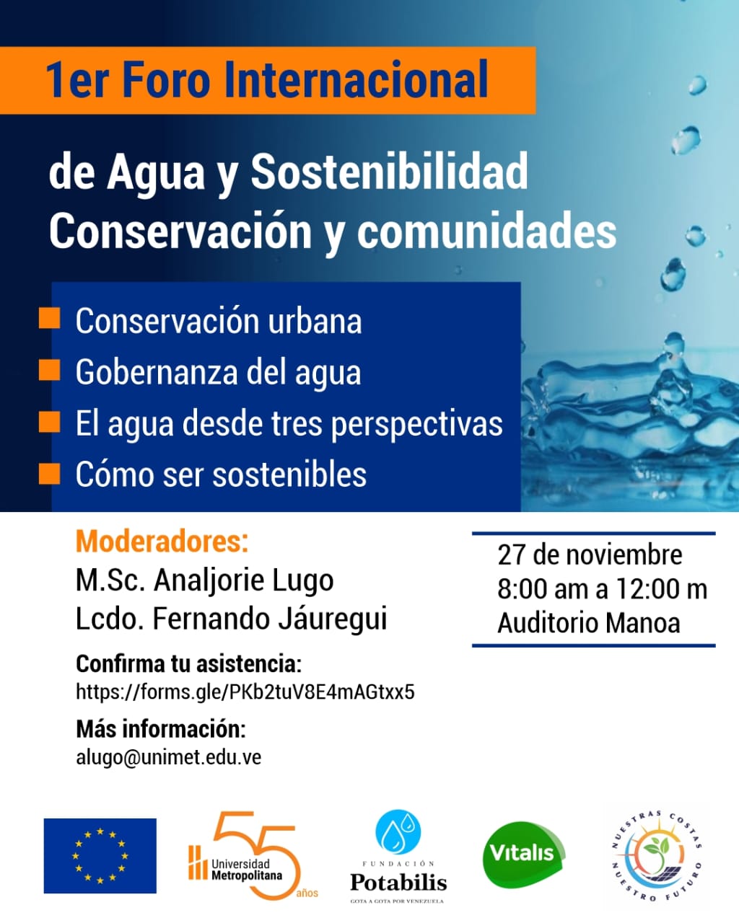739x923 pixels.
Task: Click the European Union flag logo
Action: tap(100, 855)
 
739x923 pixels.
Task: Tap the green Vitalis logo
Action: tap(522, 854)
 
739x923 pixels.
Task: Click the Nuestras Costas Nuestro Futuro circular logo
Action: tap(656, 855)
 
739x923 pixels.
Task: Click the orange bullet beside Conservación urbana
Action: tap(49, 318)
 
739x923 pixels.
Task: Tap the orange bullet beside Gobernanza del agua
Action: tap(49, 370)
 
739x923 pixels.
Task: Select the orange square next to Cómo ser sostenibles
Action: tap(49, 473)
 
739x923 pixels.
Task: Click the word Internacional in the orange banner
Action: tap(357, 80)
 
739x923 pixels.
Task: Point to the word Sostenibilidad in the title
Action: tap(389, 172)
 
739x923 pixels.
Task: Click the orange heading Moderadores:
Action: tap(162, 541)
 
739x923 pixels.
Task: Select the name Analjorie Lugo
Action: tap(244, 580)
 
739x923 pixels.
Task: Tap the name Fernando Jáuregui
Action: tap(270, 619)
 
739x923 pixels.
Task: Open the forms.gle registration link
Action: tap(245, 692)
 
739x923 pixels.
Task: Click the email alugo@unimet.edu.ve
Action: tap(168, 757)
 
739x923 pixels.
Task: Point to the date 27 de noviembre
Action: tap(590, 555)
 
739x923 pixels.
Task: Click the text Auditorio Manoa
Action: tap(588, 623)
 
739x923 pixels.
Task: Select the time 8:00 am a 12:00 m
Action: tap(602, 589)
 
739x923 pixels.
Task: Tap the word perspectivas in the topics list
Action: tap(416, 423)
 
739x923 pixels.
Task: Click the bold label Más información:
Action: tap(160, 729)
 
